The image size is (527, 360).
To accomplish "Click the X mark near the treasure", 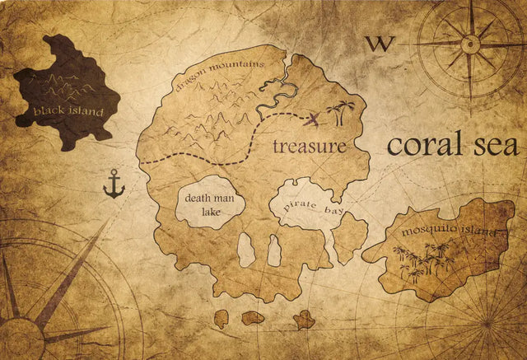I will click(x=313, y=121).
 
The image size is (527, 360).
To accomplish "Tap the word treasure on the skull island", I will click(x=310, y=147).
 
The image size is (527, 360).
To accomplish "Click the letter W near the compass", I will click(x=380, y=44).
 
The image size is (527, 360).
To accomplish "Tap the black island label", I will click(x=69, y=111).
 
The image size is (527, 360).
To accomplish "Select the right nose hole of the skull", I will click(x=274, y=250).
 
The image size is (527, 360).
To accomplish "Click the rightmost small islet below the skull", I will click(x=304, y=320).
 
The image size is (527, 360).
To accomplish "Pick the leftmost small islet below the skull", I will click(x=222, y=318).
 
